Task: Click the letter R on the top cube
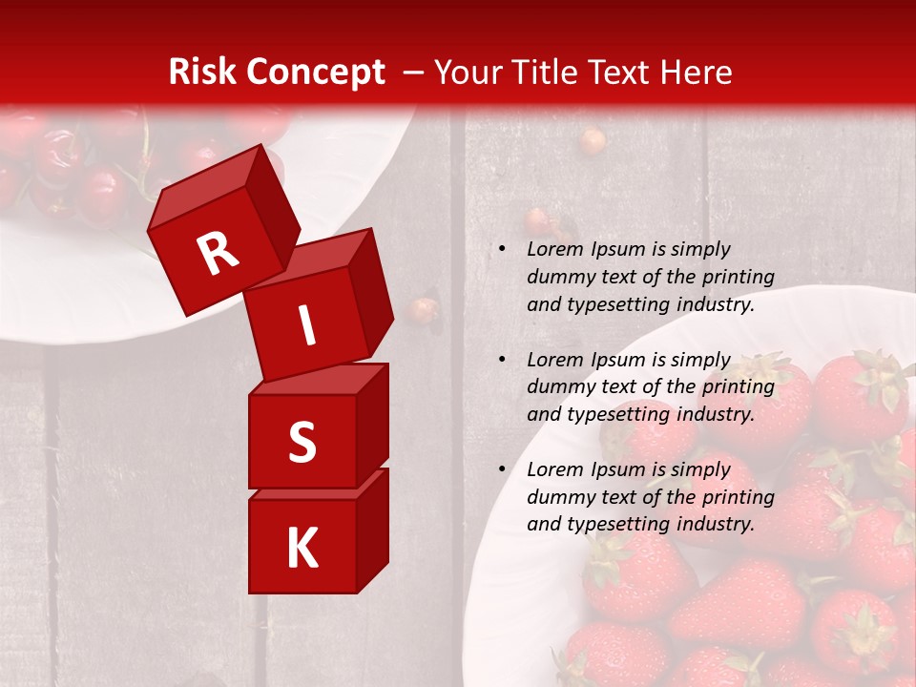coord(218,255)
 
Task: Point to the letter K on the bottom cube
coord(302,549)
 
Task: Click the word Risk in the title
coord(202,73)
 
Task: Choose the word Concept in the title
coord(314,73)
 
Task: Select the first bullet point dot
coord(501,249)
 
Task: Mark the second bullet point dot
coord(501,360)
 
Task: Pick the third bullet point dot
coord(501,469)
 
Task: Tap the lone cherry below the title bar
coord(593,142)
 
